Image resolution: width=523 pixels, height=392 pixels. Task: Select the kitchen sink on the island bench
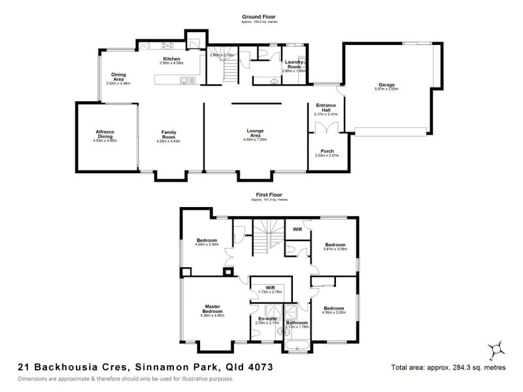pos(184,81)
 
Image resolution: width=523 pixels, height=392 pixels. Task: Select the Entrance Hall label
pos(325,107)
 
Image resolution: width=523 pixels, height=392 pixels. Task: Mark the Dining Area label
pos(118,76)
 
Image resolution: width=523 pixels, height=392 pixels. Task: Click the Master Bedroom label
pos(213,309)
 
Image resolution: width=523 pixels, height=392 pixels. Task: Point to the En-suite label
pos(269,318)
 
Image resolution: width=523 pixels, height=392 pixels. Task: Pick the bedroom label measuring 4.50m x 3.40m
pos(207,240)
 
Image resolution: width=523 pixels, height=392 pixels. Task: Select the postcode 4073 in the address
pos(258,367)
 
